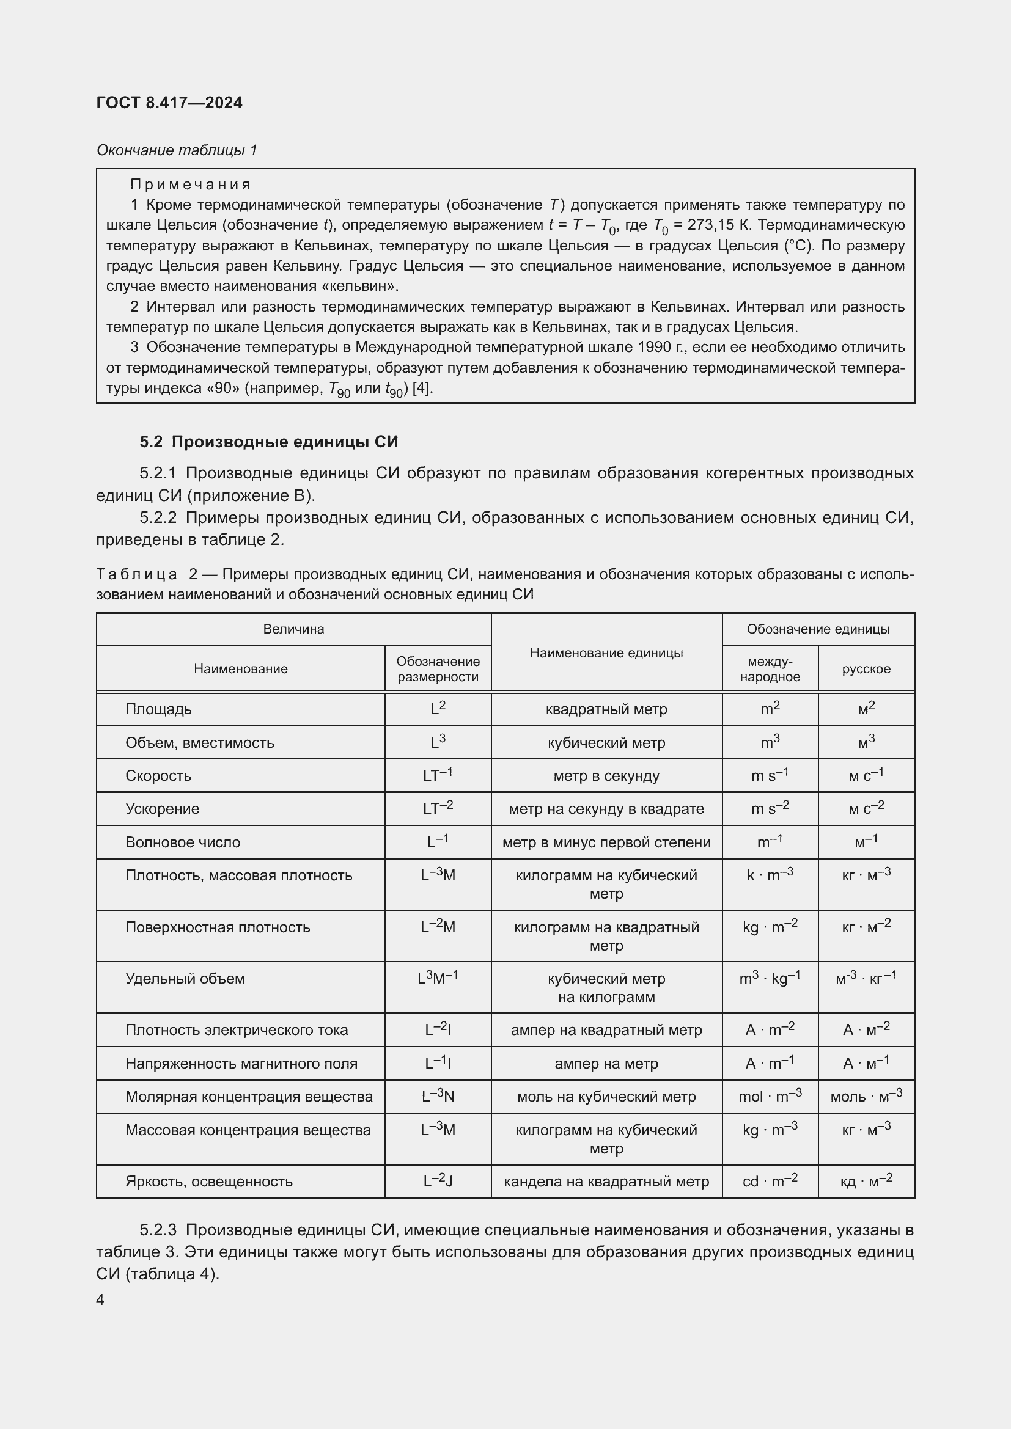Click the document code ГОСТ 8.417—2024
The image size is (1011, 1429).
coord(169,103)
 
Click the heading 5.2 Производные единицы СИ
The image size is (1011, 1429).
coord(268,442)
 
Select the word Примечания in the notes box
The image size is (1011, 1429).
coord(190,185)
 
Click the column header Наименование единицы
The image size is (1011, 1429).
coord(606,652)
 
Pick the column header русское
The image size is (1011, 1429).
coord(866,668)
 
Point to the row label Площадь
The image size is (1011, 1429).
coord(158,709)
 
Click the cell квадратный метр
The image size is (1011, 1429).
coord(606,709)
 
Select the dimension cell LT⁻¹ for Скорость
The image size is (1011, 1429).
coord(438,775)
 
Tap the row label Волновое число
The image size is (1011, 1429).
coord(182,842)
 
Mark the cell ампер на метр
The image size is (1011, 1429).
coord(606,1063)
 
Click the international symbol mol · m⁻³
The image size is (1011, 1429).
coord(770,1096)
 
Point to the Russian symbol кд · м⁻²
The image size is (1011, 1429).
coord(866,1181)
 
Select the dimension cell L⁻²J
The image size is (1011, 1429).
coord(438,1181)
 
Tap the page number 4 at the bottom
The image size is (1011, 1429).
coord(100,1299)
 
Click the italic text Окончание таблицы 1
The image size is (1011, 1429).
coord(177,150)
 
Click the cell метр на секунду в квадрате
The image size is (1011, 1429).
coord(606,808)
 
